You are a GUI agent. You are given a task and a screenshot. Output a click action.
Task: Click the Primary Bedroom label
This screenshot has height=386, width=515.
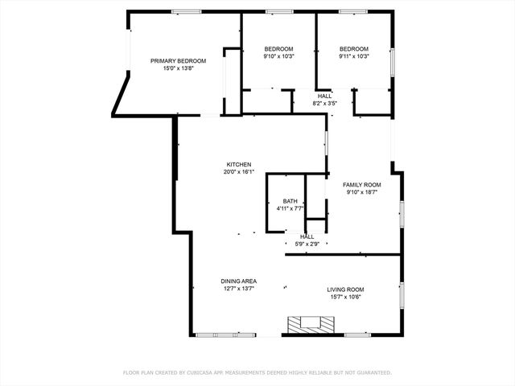[179, 61]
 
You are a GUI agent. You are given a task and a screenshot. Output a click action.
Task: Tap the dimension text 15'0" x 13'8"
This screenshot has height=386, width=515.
[179, 68]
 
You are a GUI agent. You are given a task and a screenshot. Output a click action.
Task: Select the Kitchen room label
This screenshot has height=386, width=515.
[238, 164]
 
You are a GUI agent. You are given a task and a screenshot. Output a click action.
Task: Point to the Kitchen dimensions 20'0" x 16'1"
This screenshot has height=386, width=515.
[238, 171]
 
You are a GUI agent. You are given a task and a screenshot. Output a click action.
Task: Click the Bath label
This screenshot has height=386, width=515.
[290, 201]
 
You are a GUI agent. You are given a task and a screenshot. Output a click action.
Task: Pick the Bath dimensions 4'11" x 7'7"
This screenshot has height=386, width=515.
[290, 208]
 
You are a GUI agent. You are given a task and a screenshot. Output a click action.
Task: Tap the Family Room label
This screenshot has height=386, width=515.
[361, 184]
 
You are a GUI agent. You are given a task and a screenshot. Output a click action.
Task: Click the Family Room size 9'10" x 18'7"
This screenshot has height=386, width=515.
[361, 191]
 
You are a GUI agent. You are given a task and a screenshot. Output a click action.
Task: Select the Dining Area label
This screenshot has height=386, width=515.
[238, 281]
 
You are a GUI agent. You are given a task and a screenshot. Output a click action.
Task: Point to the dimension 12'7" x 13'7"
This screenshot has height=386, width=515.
[238, 288]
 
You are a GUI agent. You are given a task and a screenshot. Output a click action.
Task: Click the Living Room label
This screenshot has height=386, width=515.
[345, 289]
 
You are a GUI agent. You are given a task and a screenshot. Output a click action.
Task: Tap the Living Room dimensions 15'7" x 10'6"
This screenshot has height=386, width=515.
[345, 296]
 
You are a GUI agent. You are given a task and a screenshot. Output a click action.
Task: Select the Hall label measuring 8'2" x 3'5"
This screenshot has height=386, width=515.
[324, 96]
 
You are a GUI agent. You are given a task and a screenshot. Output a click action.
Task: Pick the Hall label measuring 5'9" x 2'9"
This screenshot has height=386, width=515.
[307, 236]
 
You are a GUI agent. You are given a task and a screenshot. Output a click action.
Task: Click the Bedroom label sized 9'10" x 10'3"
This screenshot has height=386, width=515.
[278, 49]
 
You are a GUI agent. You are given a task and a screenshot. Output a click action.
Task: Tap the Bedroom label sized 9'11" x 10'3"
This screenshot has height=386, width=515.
[353, 49]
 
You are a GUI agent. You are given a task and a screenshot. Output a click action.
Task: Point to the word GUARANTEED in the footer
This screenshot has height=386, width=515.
[373, 372]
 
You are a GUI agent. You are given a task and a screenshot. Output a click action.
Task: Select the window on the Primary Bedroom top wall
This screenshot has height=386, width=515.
[186, 11]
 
